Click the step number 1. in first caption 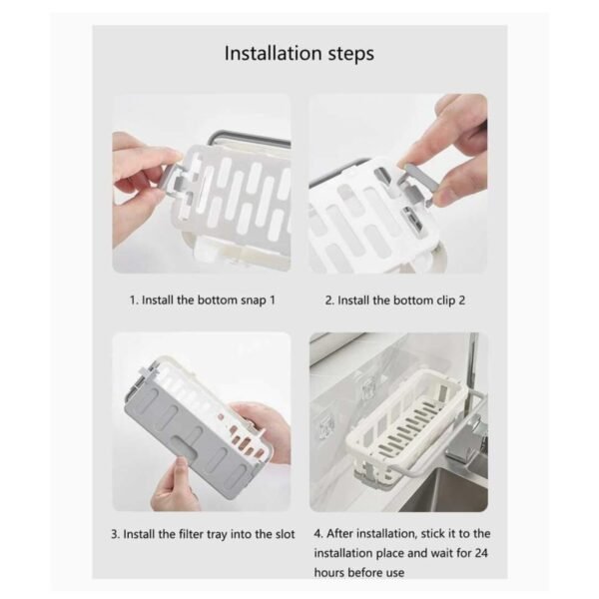coord(133,299)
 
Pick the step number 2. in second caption coord(328,299)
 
